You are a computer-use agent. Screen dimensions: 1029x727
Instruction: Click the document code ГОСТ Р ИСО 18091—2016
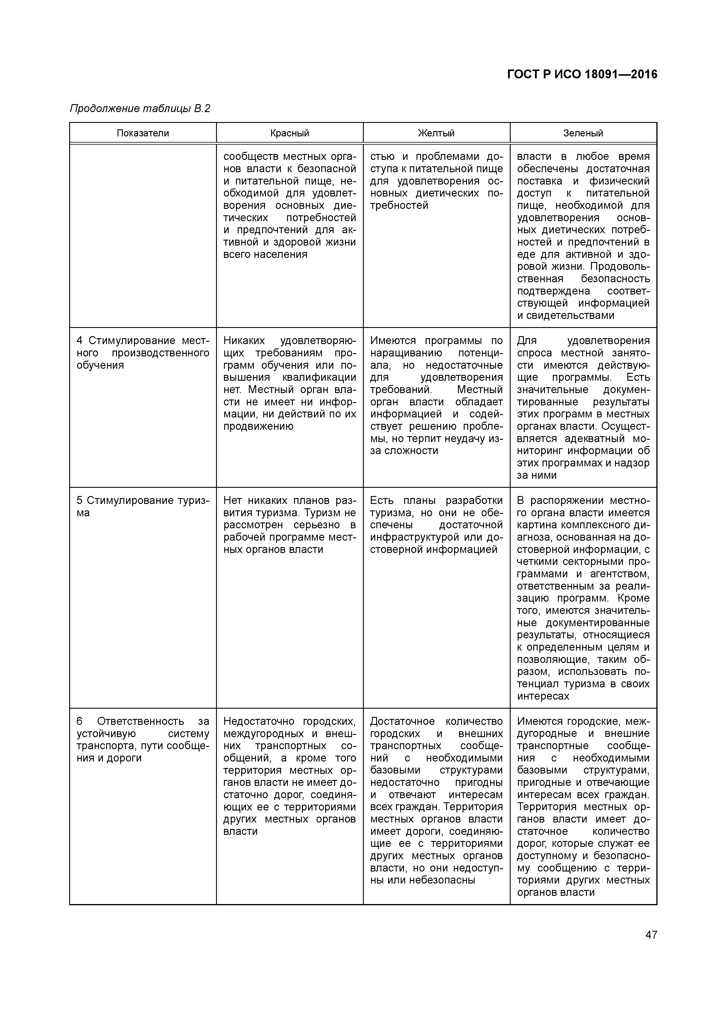[x=582, y=75]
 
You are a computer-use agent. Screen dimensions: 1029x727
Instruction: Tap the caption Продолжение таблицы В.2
[x=140, y=109]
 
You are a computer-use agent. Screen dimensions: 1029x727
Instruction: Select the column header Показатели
[x=143, y=133]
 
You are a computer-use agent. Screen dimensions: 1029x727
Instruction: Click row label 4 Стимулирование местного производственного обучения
[x=142, y=353]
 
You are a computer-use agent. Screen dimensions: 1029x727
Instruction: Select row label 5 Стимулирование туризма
[x=142, y=506]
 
